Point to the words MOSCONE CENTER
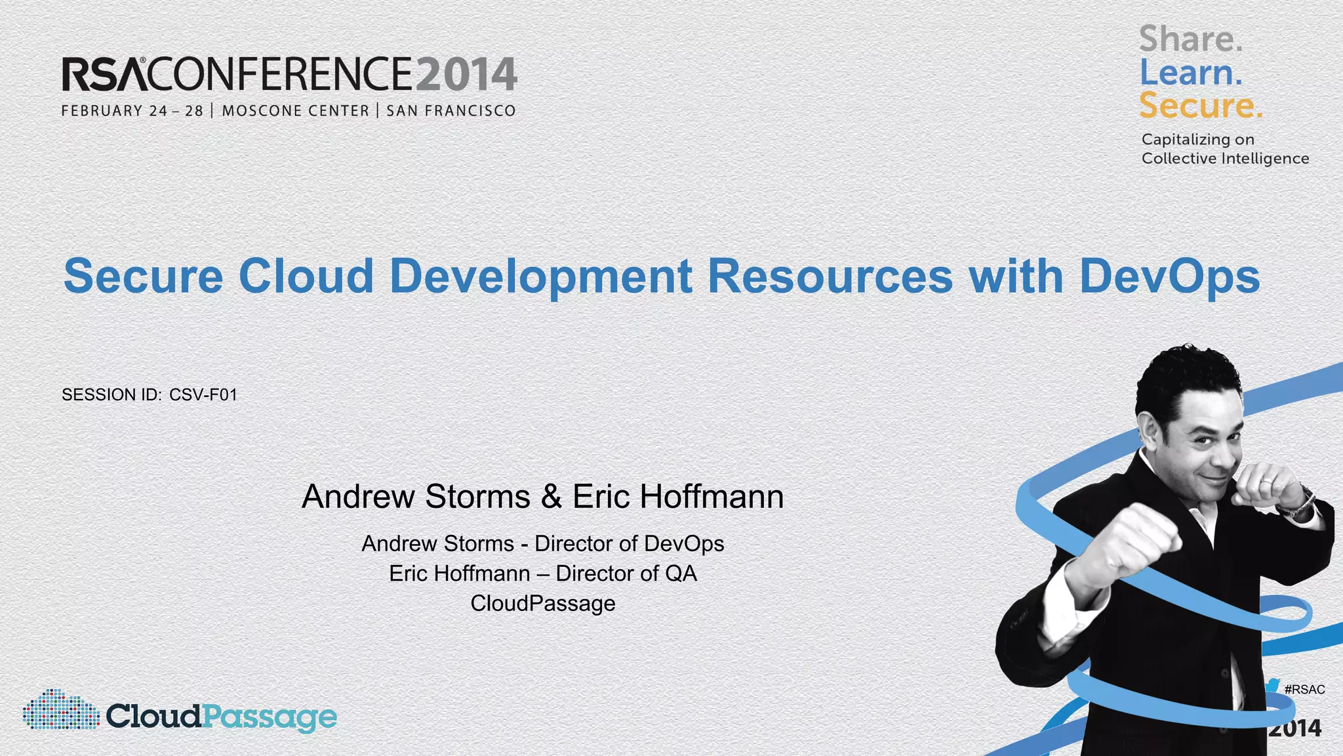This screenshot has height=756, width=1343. click(x=296, y=111)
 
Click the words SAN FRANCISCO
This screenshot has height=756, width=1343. click(x=451, y=111)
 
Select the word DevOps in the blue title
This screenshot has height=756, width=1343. click(x=1169, y=276)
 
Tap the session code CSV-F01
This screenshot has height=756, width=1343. click(x=203, y=395)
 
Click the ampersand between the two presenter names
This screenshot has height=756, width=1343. click(x=551, y=497)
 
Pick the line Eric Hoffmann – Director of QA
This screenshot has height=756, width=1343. click(x=542, y=574)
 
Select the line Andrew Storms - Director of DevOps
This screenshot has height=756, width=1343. click(x=542, y=544)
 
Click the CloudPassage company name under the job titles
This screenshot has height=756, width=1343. click(x=542, y=604)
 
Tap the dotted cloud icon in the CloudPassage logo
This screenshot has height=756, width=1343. click(x=60, y=710)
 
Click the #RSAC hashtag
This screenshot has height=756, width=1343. click(x=1304, y=690)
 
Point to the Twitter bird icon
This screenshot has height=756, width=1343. click(x=1272, y=686)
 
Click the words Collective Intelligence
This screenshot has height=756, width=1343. click(x=1225, y=159)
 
